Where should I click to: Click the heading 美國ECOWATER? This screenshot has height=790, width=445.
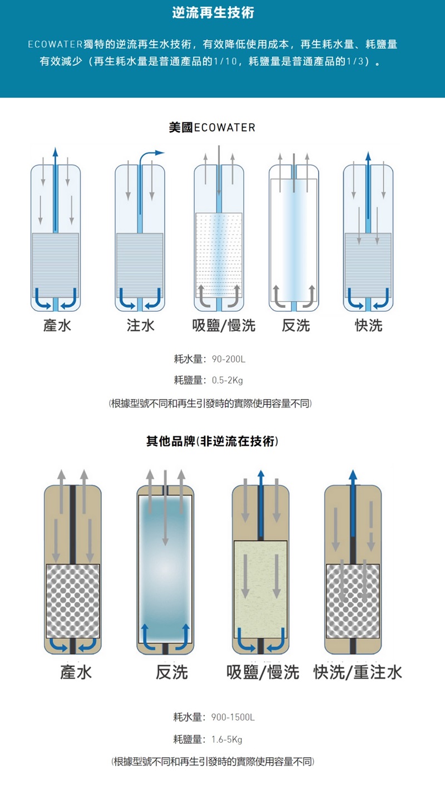(212, 127)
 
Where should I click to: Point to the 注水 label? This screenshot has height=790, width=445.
(140, 326)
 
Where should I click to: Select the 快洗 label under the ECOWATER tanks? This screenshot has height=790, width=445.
(368, 326)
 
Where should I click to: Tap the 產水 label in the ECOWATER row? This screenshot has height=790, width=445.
(57, 326)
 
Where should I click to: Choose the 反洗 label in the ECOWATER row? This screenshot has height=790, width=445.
(295, 326)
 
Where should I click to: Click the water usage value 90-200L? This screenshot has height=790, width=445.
(229, 359)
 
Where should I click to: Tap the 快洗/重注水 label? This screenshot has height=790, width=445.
(357, 672)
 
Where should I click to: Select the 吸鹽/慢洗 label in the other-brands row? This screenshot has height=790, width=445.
(263, 672)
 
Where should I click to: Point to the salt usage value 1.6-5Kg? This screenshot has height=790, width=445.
(227, 740)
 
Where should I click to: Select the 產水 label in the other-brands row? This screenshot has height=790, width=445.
(76, 672)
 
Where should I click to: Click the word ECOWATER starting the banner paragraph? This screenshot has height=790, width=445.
(55, 45)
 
